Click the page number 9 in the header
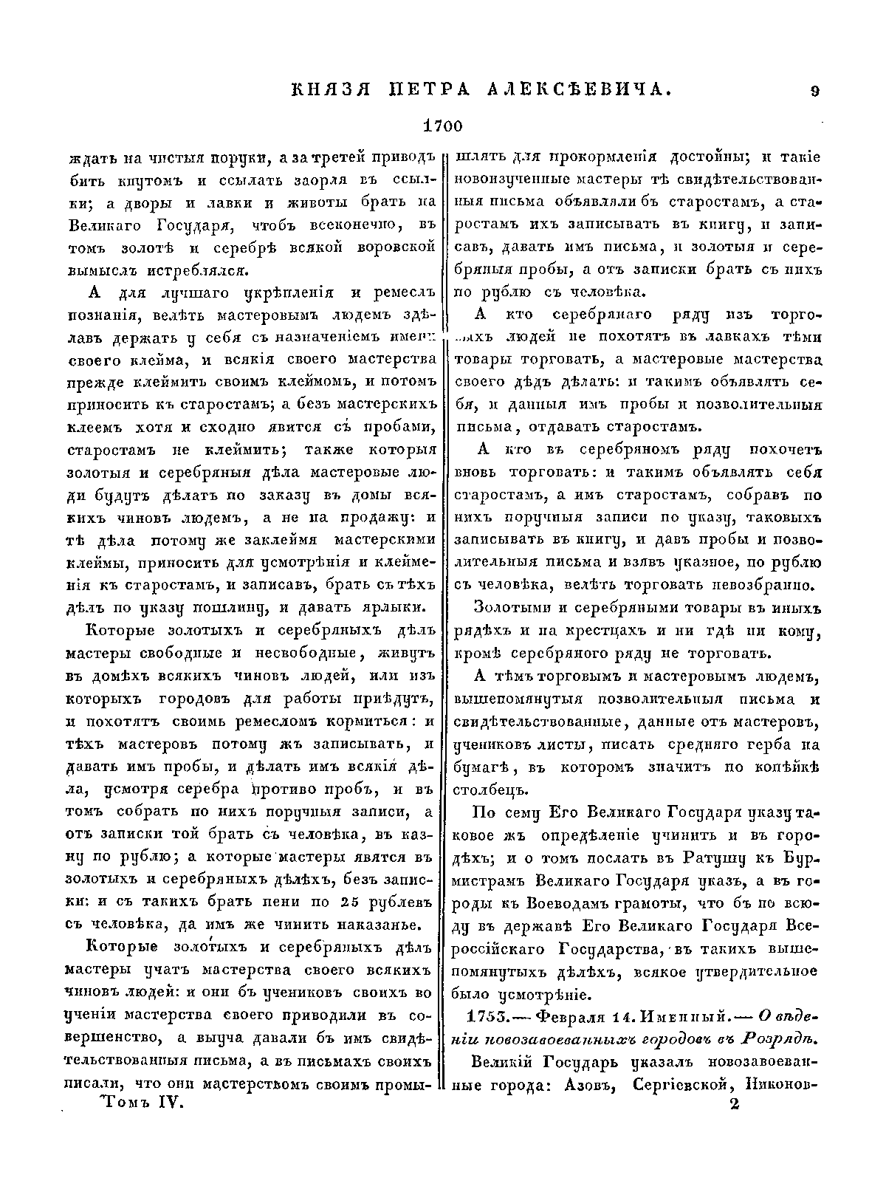(814, 92)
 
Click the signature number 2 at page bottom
(733, 1105)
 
